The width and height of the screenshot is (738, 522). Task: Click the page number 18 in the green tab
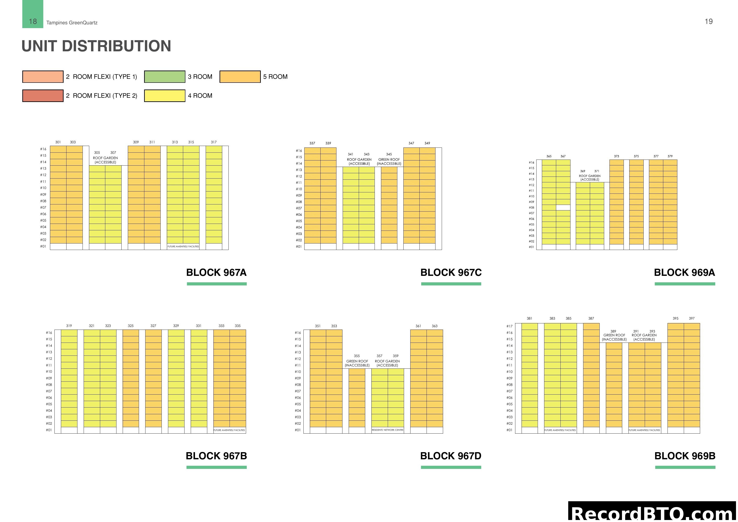pyautogui.click(x=33, y=22)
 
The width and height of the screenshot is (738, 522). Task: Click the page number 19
pyautogui.click(x=708, y=22)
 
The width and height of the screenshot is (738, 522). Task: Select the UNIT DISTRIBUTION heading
pyautogui.click(x=96, y=46)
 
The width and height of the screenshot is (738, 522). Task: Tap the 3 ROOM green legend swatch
pyautogui.click(x=165, y=77)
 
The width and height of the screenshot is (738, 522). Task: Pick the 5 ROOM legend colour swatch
pyautogui.click(x=240, y=77)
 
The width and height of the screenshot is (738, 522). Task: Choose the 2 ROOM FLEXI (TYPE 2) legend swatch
pyautogui.click(x=43, y=96)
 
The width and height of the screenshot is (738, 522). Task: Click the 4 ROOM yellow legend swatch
pyautogui.click(x=165, y=96)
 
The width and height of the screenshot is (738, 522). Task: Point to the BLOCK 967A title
pyautogui.click(x=216, y=272)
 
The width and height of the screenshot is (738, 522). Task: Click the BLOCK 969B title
pyautogui.click(x=685, y=456)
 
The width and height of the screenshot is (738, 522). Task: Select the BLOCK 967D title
pyautogui.click(x=451, y=456)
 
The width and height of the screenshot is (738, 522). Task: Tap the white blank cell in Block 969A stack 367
pyautogui.click(x=563, y=208)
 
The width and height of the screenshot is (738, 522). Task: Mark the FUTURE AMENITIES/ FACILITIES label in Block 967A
pyautogui.click(x=183, y=247)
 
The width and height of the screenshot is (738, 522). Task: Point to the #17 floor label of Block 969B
pyautogui.click(x=510, y=326)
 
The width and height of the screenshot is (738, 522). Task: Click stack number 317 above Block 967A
pyautogui.click(x=214, y=142)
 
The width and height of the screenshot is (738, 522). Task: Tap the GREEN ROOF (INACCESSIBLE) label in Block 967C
pyautogui.click(x=389, y=161)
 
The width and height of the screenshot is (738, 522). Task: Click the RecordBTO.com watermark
pyautogui.click(x=653, y=513)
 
